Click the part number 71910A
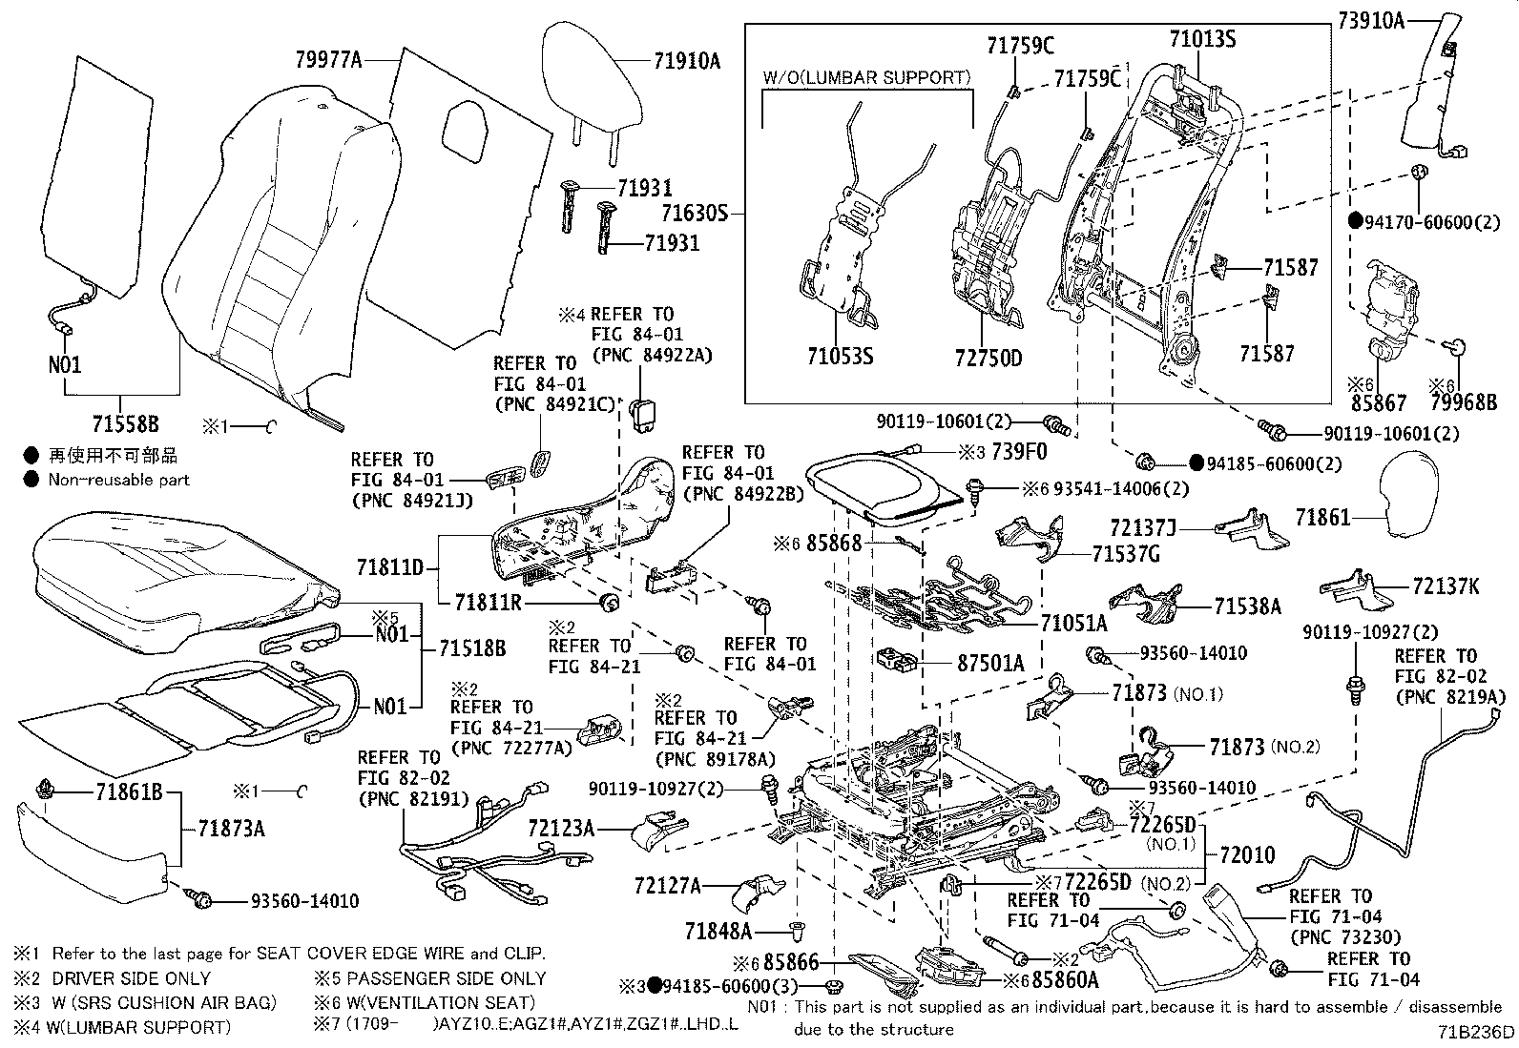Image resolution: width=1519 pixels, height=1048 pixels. click(687, 63)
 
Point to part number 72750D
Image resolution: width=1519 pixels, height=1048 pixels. click(988, 359)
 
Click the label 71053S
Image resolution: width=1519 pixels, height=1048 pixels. click(841, 358)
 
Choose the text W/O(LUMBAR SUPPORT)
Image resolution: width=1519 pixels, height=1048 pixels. click(866, 77)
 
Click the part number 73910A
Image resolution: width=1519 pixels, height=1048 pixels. click(1370, 19)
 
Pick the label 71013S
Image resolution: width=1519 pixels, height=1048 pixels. click(1202, 39)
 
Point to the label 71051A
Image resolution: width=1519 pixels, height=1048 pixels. click(1073, 624)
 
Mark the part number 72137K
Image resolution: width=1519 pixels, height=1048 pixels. click(1446, 586)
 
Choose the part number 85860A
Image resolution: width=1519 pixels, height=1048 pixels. click(1065, 979)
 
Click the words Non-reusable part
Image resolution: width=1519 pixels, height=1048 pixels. click(119, 480)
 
